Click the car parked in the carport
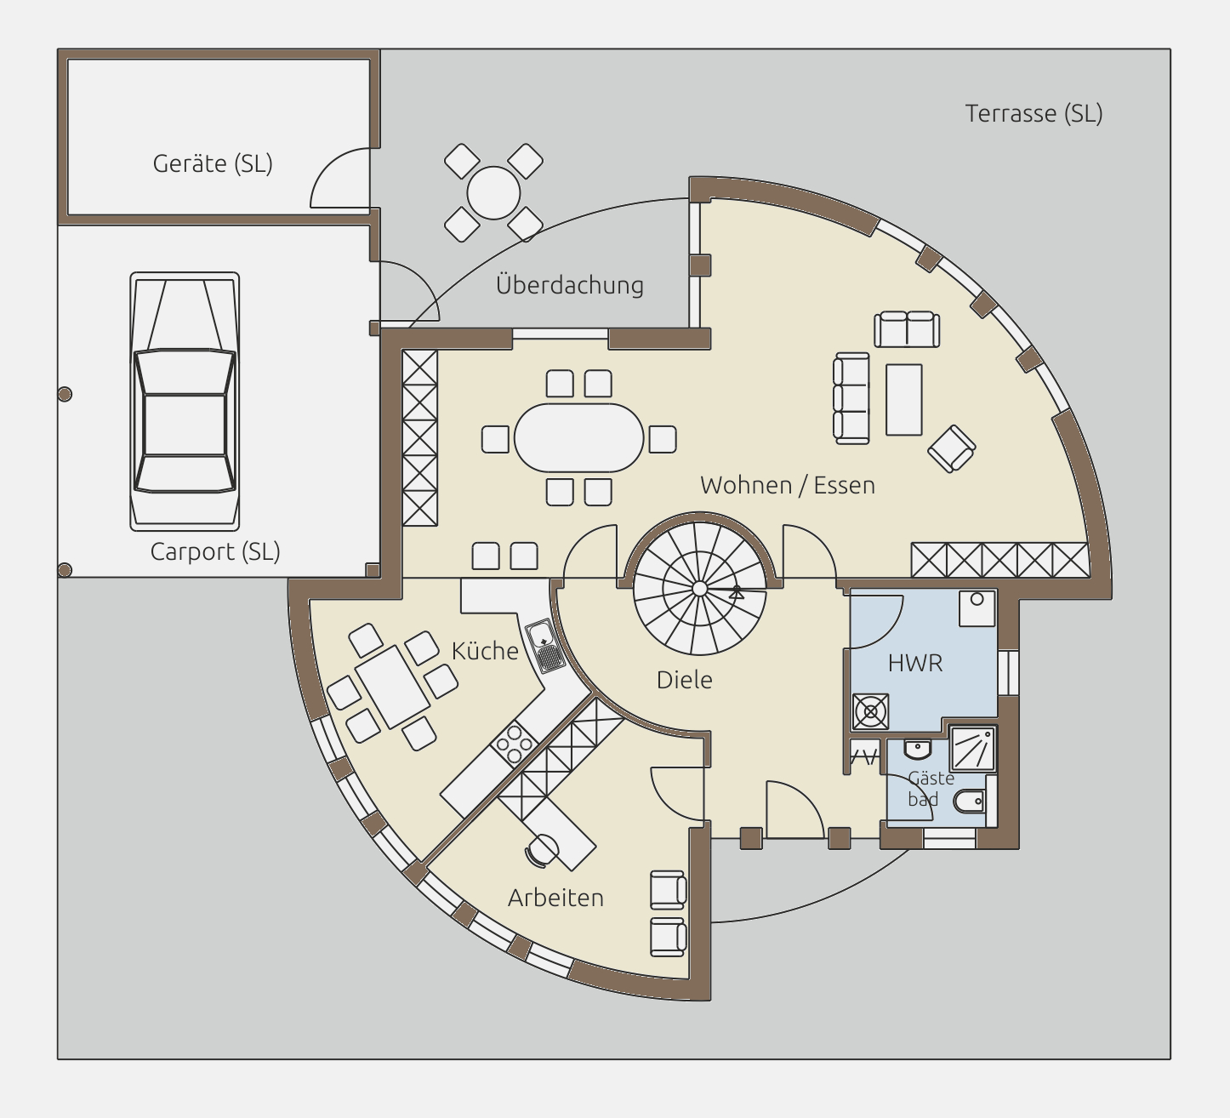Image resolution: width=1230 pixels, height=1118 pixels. coord(185,402)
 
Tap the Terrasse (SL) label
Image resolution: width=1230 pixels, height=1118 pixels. coord(1034,113)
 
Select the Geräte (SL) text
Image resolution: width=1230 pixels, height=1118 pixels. coord(213,163)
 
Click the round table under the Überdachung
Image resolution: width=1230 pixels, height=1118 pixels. coord(493,192)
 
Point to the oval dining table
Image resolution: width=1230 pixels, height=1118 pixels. coord(578,437)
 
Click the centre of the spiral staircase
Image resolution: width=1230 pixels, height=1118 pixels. coord(699,589)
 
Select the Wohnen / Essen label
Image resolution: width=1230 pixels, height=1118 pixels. coord(788,485)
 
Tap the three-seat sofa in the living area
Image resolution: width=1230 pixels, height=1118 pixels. coord(851,397)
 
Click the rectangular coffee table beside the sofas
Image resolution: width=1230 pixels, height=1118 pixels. coord(904,399)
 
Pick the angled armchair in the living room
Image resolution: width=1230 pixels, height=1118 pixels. coord(952,448)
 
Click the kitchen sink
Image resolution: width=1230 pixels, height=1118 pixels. coord(545,645)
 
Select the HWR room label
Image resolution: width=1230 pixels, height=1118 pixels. coord(914,664)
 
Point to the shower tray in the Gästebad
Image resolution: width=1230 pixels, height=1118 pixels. coord(972,748)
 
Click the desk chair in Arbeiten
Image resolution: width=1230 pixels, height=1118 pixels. coord(541,851)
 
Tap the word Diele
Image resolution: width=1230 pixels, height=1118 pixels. coord(684,680)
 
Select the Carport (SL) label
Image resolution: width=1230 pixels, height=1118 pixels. coord(215,551)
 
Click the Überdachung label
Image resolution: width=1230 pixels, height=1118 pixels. coord(570,285)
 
